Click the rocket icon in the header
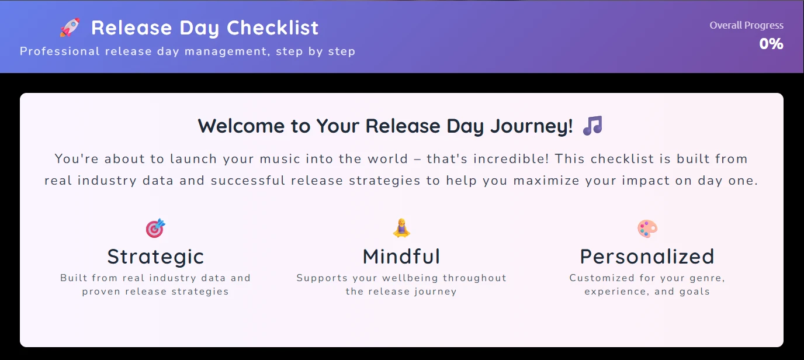tap(70, 27)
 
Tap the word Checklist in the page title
tap(272, 27)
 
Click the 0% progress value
tap(771, 44)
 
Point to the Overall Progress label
tap(746, 25)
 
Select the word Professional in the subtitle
tap(60, 51)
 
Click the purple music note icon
tap(592, 126)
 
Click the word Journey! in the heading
tap(532, 126)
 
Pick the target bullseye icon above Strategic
tap(155, 229)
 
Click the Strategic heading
tap(155, 257)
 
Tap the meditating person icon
tap(401, 228)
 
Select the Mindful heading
tap(401, 257)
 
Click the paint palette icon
tap(647, 229)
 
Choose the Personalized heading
tap(647, 257)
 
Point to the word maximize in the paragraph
tap(546, 181)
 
